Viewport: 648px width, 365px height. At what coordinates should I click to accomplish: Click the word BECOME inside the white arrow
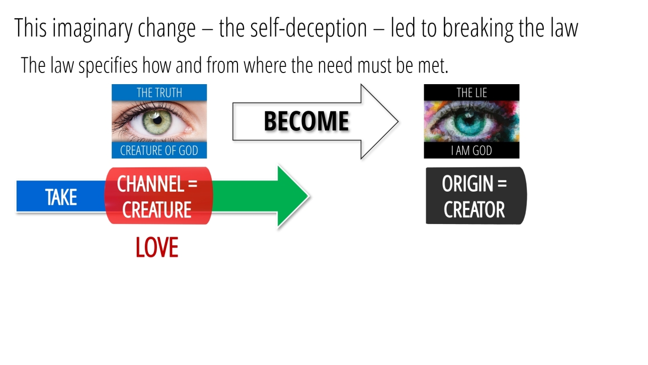[306, 122]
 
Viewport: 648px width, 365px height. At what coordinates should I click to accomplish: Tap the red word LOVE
[157, 248]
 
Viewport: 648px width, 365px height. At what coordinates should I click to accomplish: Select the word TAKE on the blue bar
[61, 197]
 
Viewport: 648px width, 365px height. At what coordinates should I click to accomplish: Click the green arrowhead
[293, 197]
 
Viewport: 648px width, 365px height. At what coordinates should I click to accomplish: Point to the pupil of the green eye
[156, 120]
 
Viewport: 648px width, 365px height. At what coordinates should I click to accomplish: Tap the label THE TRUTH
[159, 93]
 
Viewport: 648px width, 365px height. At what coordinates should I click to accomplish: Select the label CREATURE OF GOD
[159, 151]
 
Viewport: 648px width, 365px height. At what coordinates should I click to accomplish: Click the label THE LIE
[471, 93]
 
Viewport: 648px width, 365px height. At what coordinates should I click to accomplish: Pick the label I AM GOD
[471, 151]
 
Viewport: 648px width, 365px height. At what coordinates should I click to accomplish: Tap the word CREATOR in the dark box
[474, 209]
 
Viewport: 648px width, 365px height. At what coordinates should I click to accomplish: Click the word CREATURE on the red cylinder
[157, 209]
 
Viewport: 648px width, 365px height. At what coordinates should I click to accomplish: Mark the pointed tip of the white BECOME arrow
[397, 122]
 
